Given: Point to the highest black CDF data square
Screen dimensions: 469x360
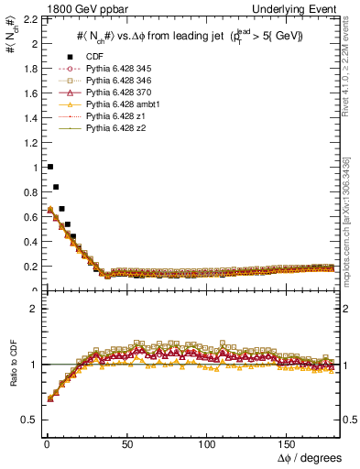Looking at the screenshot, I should pyautogui.click(x=49, y=167).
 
